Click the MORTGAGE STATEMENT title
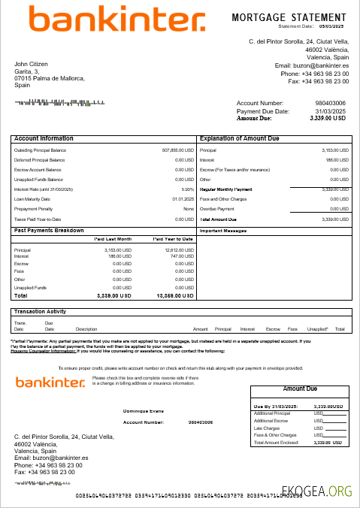(289, 17)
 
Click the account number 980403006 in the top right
(331, 103)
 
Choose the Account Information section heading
(44, 139)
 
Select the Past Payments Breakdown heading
(49, 230)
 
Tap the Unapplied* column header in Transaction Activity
(317, 329)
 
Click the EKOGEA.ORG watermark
(323, 492)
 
